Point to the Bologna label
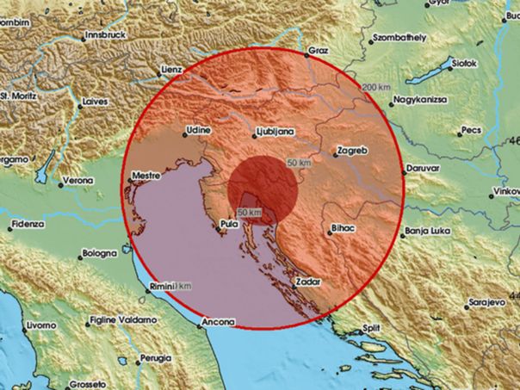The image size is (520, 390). click(x=100, y=255)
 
